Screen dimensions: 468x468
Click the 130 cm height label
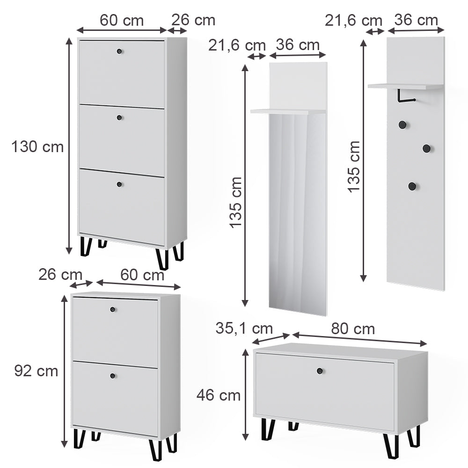tap(37, 147)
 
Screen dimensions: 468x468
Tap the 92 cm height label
tap(36, 371)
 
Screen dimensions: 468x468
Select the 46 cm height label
tap(218, 395)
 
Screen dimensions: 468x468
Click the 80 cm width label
tap(353, 329)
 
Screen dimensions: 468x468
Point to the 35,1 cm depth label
tap(244, 328)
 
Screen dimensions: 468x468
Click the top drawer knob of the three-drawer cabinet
tap(119, 51)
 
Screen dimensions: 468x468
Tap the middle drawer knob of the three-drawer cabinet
tap(119, 117)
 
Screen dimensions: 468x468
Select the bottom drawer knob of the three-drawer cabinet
tap(119, 184)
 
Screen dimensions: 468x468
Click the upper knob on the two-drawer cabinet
tap(112, 309)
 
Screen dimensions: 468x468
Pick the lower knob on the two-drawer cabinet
tap(112, 376)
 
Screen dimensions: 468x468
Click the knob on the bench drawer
tap(320, 371)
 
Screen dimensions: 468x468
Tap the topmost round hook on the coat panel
tap(402, 124)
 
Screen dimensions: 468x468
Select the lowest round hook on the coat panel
tap(412, 186)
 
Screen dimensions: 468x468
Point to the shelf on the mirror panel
tap(288, 111)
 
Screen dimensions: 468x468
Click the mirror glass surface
tap(298, 211)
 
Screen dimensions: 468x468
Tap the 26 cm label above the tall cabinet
tap(193, 21)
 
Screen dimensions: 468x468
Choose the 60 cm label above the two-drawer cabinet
tap(142, 275)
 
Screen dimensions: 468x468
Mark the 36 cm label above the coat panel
tap(416, 20)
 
